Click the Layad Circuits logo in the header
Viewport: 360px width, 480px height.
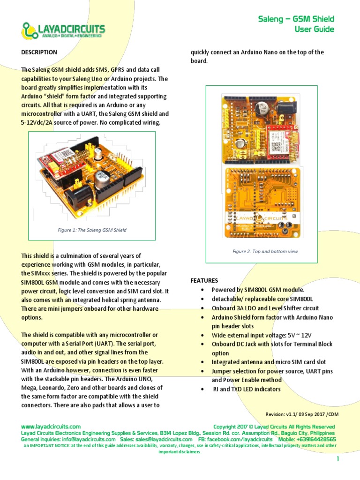63,30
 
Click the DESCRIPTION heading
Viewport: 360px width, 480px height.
39,52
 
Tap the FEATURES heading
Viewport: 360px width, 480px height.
204,281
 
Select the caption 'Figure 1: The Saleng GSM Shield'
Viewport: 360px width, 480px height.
92,230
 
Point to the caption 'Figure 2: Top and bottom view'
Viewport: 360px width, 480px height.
265,251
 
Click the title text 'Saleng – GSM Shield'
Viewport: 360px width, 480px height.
296,19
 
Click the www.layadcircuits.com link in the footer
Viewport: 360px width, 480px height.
51,427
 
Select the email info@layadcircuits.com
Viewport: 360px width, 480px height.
89,440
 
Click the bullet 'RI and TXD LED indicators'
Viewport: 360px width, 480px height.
247,389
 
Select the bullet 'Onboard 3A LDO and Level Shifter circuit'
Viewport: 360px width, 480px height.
265,308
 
